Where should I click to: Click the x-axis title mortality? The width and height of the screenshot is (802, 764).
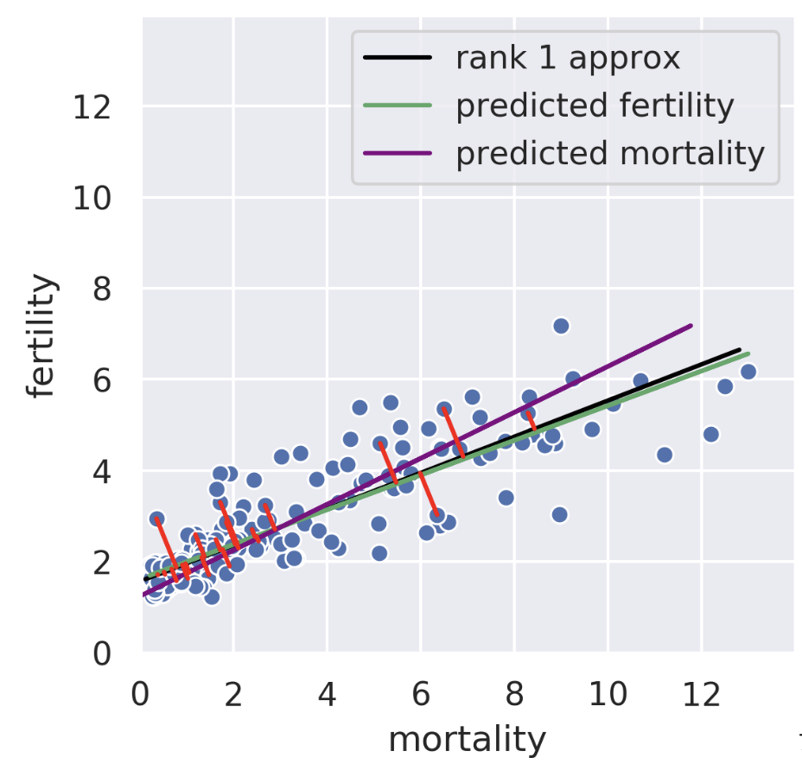click(x=468, y=740)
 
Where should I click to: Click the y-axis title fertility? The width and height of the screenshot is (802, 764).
click(x=41, y=336)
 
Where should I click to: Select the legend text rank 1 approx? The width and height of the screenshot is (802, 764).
click(x=568, y=59)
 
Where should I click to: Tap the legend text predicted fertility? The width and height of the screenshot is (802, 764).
click(x=595, y=106)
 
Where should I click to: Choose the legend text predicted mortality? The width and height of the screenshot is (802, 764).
click(x=610, y=154)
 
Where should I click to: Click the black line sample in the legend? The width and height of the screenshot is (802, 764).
click(x=398, y=59)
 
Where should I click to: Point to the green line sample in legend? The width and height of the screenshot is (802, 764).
click(x=398, y=106)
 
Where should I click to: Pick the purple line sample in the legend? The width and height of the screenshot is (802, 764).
click(x=398, y=154)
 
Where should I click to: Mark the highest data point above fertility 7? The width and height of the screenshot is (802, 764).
click(x=561, y=326)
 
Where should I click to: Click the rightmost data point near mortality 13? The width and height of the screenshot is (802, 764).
click(x=748, y=372)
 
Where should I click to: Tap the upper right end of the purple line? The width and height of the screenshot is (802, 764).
click(x=691, y=326)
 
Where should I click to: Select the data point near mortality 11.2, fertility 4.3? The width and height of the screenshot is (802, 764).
click(x=665, y=455)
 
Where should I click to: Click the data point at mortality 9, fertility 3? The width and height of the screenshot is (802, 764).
click(x=560, y=514)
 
